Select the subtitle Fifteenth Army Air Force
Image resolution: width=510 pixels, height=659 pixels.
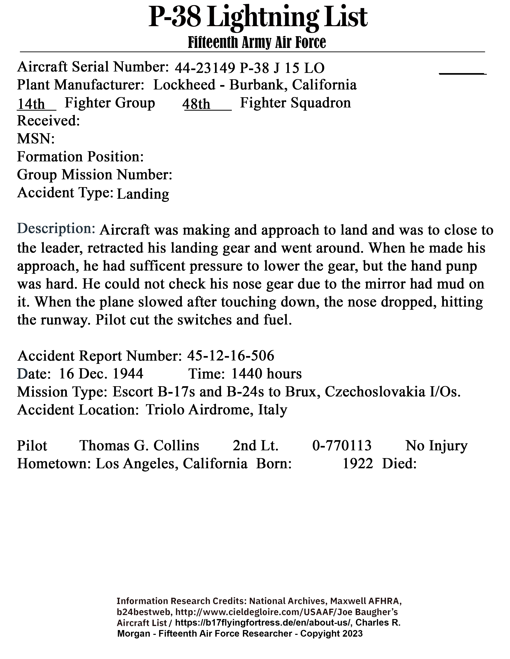(257, 42)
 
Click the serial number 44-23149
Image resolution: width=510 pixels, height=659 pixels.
(205, 68)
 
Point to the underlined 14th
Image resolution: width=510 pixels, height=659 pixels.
(31, 104)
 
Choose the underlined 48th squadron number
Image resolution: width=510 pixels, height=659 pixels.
(196, 104)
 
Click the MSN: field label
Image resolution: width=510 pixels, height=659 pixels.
(36, 139)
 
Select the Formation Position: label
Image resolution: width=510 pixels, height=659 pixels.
(80, 157)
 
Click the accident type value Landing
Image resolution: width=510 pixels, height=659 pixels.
(143, 194)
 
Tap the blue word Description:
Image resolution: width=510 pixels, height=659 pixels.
(56, 228)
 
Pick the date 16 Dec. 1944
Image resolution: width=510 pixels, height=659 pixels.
(101, 374)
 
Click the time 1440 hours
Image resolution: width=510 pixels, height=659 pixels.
(266, 374)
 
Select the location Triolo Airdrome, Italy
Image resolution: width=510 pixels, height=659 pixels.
(216, 410)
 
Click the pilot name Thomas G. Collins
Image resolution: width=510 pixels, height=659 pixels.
(139, 446)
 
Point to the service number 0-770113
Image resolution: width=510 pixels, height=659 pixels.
(342, 446)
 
